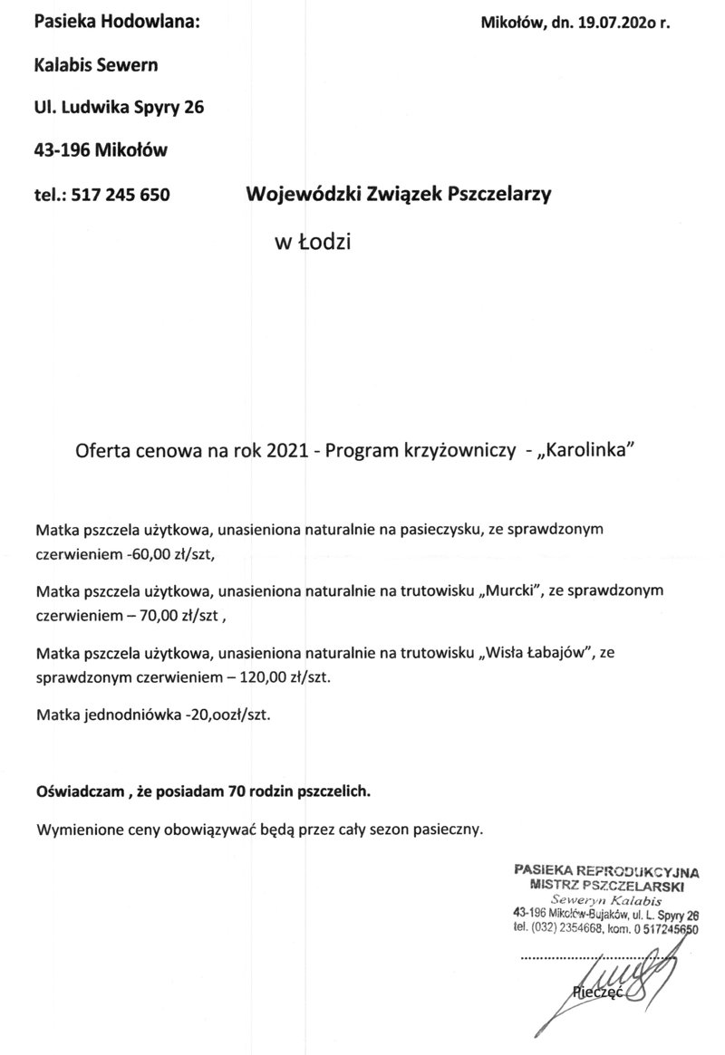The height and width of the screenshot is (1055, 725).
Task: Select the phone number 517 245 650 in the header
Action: coord(121,194)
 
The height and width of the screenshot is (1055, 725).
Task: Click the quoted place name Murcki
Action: coord(512,592)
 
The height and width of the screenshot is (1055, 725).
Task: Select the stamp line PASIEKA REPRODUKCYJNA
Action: coord(605,872)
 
